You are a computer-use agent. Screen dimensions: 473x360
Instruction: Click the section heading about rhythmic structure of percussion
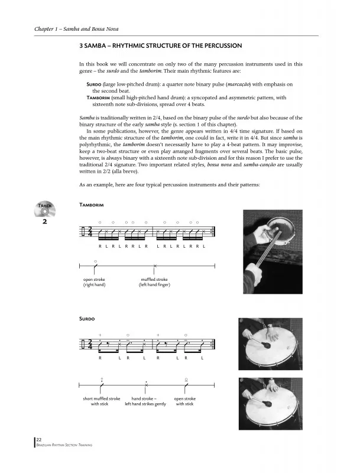160,46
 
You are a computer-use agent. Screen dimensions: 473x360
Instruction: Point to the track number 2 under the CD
45,222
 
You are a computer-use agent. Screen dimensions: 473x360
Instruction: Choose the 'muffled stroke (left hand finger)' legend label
154,282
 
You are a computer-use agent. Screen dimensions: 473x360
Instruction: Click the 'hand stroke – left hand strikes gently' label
145,401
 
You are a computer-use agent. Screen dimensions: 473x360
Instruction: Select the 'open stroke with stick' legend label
185,401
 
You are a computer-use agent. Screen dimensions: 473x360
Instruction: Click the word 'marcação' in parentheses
242,85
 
